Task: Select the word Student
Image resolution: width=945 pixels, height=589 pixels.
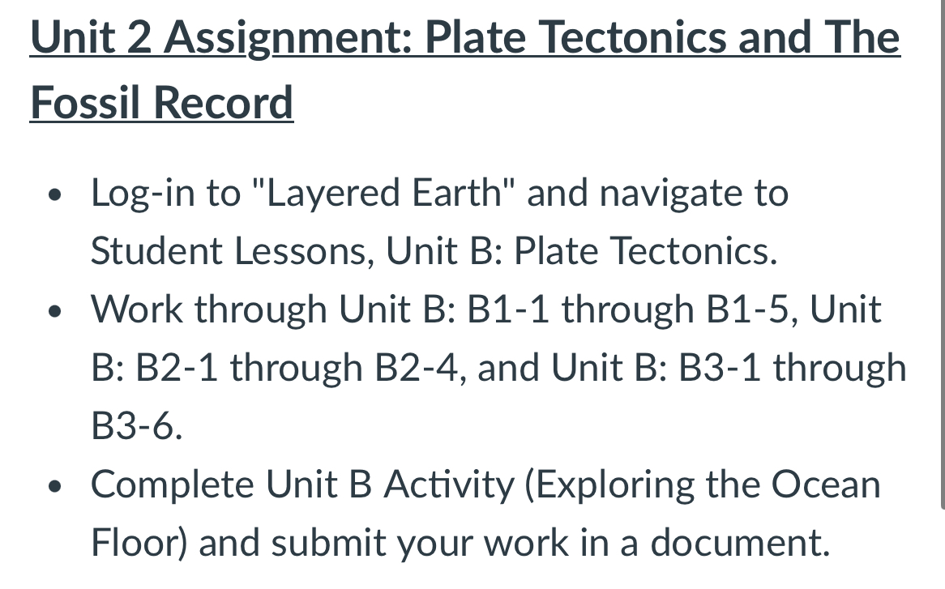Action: tap(156, 251)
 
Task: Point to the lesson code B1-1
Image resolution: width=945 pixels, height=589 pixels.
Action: tap(507, 309)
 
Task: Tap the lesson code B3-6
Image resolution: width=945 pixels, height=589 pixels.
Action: tap(132, 426)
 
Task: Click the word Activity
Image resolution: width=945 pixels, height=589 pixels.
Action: tap(448, 484)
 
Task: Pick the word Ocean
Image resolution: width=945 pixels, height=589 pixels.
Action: tap(825, 484)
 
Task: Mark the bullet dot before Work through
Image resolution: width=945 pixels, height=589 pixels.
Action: tap(54, 311)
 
